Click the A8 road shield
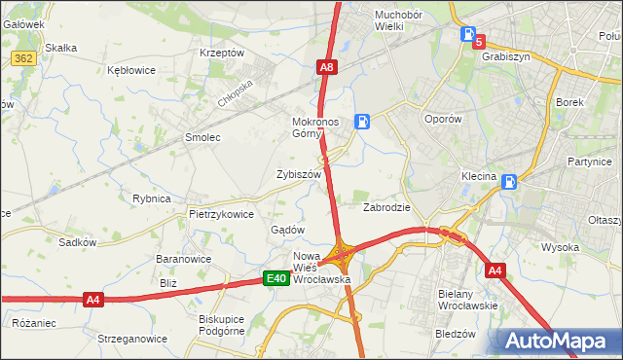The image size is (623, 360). [x=327, y=67]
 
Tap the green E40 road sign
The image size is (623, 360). [x=276, y=279]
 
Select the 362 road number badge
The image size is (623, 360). [x=24, y=59]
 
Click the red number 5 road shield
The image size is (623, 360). [x=479, y=42]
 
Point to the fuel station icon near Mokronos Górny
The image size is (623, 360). [x=362, y=122]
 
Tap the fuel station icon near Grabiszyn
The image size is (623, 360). [x=468, y=33]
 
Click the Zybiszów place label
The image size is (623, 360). [x=299, y=174]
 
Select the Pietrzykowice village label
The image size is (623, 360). [x=221, y=214]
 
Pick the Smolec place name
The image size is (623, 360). [x=202, y=138]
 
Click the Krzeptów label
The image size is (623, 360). [x=221, y=53]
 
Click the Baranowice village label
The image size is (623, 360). [x=184, y=260]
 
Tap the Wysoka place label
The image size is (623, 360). [x=561, y=247]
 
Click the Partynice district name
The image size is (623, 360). [x=587, y=162]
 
